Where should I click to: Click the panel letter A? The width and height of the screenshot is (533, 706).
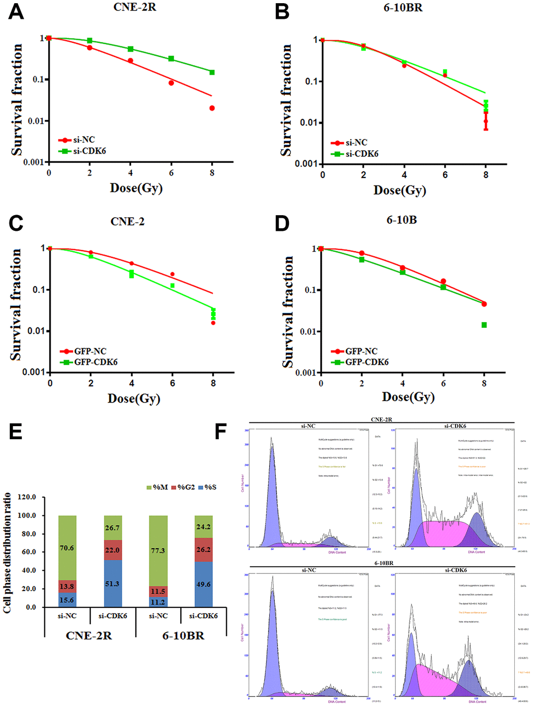click(x=16, y=11)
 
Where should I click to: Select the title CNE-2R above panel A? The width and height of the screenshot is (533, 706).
click(x=135, y=7)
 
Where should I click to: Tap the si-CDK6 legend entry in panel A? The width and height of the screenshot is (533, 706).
click(x=89, y=151)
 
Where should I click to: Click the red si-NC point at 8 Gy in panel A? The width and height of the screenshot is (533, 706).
click(x=212, y=108)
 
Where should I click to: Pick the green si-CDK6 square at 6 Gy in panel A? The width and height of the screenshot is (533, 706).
click(x=171, y=58)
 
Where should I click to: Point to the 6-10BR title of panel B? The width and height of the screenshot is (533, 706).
click(x=403, y=7)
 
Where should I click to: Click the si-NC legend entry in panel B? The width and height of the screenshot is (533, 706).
click(x=356, y=143)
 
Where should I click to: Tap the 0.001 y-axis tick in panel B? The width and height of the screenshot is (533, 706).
click(x=306, y=163)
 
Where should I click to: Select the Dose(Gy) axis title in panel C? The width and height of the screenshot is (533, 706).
click(x=134, y=398)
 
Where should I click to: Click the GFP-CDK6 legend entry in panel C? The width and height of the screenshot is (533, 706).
click(x=95, y=362)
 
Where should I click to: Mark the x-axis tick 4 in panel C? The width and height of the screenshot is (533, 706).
click(x=132, y=383)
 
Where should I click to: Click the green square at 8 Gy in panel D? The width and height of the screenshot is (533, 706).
click(x=484, y=325)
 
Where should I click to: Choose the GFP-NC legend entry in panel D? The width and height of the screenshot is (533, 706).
click(x=361, y=351)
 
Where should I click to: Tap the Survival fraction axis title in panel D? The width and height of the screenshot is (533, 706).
click(x=287, y=312)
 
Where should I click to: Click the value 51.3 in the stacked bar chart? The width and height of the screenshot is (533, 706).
click(x=112, y=584)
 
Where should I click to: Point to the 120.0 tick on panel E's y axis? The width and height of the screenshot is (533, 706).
click(x=27, y=497)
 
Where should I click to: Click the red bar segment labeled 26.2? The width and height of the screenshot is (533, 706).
click(x=203, y=550)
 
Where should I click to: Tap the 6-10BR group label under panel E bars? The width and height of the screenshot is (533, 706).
click(x=183, y=636)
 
